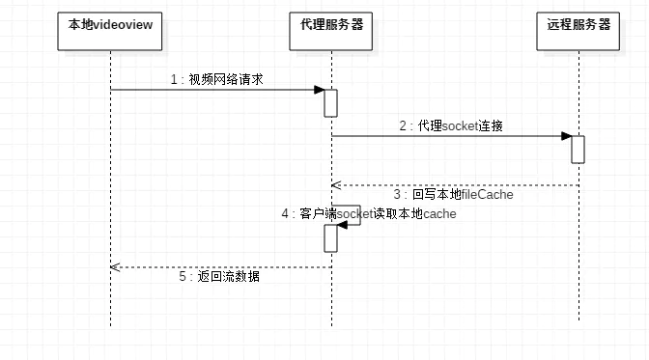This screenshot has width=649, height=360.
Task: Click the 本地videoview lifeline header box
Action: tap(110, 25)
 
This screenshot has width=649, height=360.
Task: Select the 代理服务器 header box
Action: tap(331, 25)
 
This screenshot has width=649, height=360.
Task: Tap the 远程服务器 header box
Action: tap(578, 25)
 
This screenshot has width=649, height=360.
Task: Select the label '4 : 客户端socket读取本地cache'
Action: tap(368, 213)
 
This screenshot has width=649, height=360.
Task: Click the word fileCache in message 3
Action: tap(488, 194)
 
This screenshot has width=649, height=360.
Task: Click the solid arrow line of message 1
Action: tap(212, 90)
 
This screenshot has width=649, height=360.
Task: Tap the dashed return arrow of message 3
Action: tap(454, 184)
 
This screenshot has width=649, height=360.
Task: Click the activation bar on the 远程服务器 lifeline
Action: tap(578, 149)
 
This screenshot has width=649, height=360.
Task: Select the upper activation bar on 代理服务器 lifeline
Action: tap(330, 102)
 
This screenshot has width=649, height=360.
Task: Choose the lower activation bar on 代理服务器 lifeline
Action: tap(330, 240)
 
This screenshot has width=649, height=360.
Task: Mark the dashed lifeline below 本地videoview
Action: tap(110, 193)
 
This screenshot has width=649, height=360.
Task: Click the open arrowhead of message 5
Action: tap(114, 266)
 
